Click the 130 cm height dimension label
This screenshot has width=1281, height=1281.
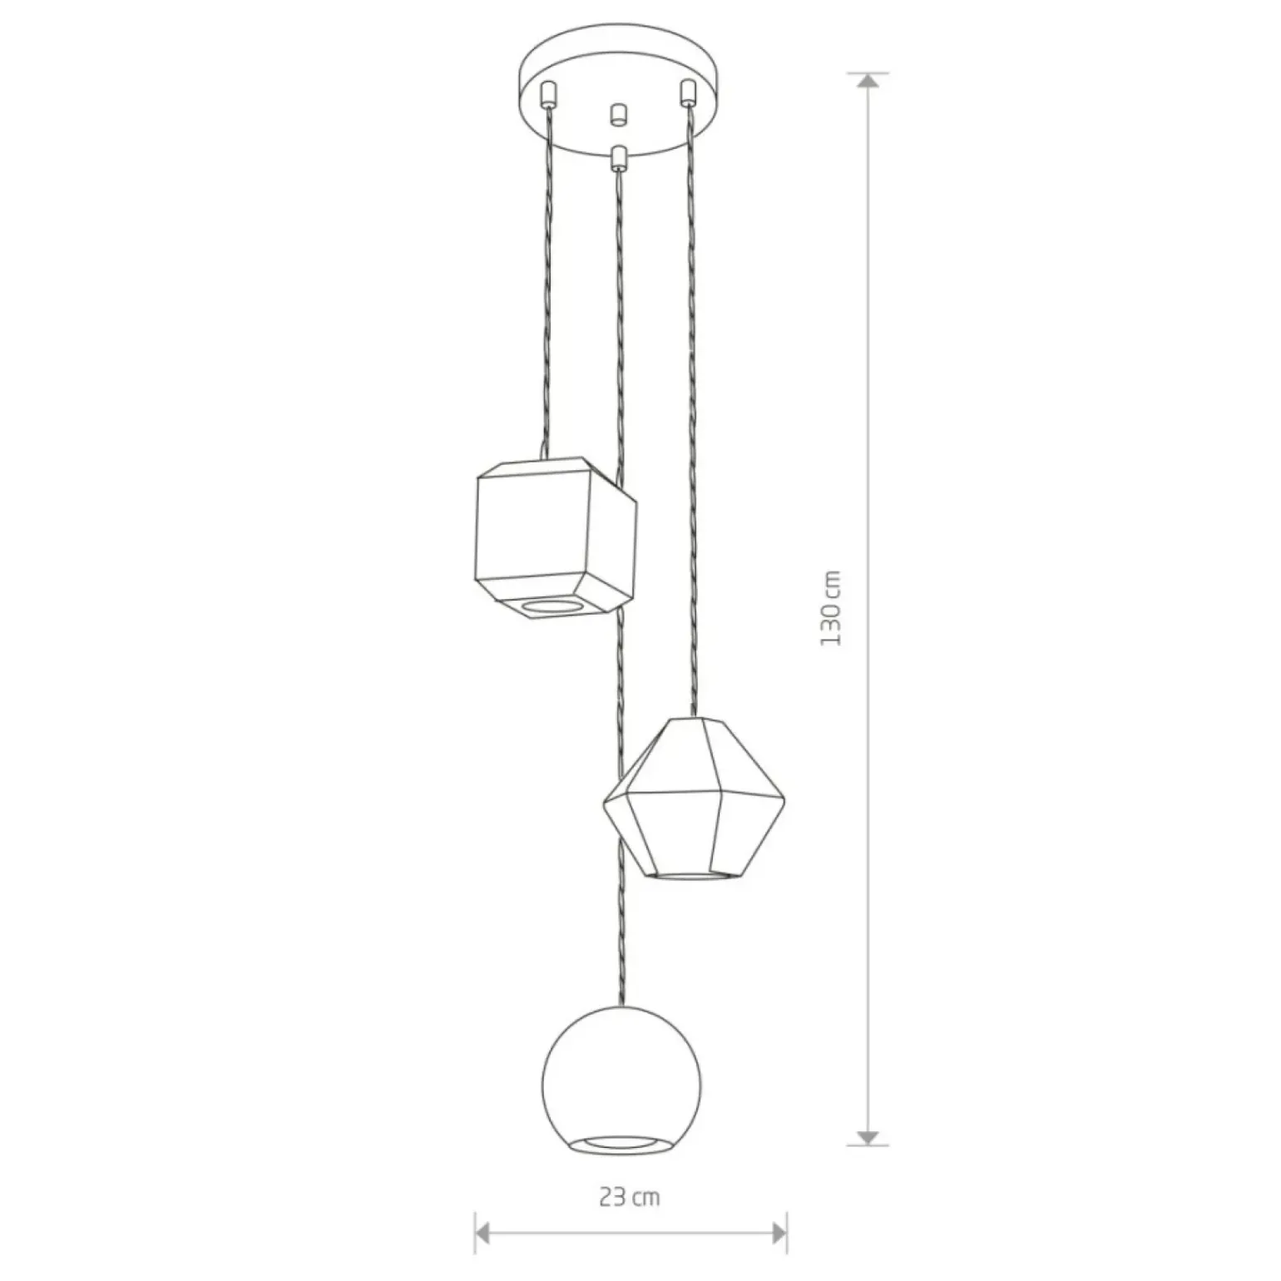click(831, 608)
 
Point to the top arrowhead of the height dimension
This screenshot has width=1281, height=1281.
click(868, 81)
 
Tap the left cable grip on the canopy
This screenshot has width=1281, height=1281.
click(547, 94)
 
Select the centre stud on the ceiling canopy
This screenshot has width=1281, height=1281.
click(617, 115)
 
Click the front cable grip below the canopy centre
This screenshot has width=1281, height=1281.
click(617, 157)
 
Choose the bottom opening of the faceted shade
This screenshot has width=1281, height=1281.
click(694, 875)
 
